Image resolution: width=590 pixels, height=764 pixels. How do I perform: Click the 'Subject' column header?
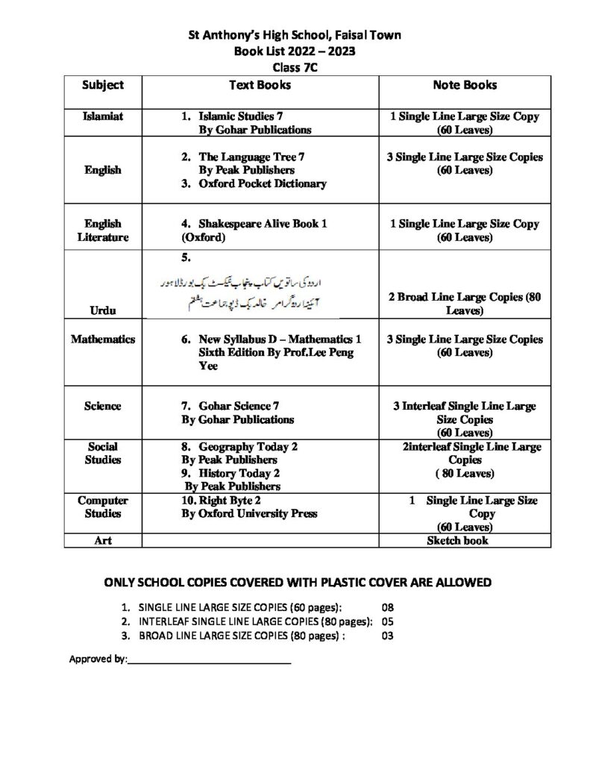tap(103, 85)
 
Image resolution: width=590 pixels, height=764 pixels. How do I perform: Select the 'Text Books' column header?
tap(260, 85)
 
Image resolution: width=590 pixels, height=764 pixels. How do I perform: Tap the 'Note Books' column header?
tap(465, 85)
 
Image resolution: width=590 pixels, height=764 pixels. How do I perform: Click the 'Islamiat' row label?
tap(103, 117)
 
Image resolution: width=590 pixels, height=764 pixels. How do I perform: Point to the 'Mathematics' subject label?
tap(103, 339)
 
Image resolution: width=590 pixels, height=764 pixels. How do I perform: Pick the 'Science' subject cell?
tap(103, 406)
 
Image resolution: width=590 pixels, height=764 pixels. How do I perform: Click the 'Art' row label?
tap(103, 540)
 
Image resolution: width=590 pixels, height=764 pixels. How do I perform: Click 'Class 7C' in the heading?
tap(295, 66)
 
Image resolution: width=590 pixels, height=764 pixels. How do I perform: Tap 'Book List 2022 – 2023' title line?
tap(295, 51)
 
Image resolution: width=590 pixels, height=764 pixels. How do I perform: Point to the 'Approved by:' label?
tap(98, 660)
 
